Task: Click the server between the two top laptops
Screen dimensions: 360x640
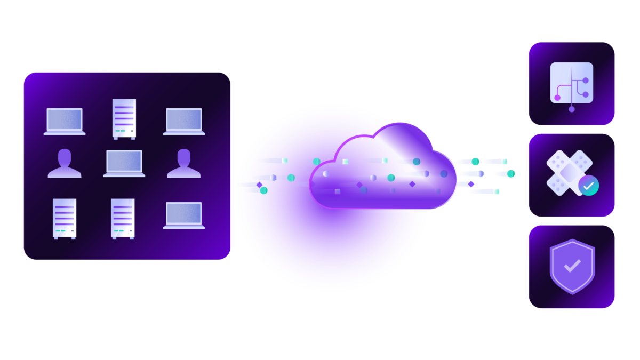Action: tap(124, 118)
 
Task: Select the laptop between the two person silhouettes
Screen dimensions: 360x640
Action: tap(124, 163)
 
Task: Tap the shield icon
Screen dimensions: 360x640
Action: tap(572, 266)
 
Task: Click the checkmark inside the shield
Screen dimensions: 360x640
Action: tap(572, 266)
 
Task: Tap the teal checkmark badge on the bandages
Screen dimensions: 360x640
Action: tap(588, 186)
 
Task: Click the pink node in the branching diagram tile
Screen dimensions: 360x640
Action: tap(557, 98)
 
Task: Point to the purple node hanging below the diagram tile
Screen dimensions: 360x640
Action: tap(572, 109)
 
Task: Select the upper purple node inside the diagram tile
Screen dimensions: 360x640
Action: tap(586, 81)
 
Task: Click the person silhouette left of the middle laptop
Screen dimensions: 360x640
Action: tap(65, 163)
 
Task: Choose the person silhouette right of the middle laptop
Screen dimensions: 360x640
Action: tap(184, 163)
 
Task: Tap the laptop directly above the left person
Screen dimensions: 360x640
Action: tap(65, 121)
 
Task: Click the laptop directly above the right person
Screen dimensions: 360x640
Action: tap(184, 121)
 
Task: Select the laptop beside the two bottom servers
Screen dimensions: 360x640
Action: tap(184, 215)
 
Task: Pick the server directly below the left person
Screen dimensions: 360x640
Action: tap(65, 218)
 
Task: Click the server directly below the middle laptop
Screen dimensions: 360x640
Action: tap(123, 218)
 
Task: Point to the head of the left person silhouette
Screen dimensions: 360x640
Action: tap(65, 157)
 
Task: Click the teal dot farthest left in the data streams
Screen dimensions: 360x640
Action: tap(263, 190)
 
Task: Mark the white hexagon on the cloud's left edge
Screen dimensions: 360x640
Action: tap(326, 173)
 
